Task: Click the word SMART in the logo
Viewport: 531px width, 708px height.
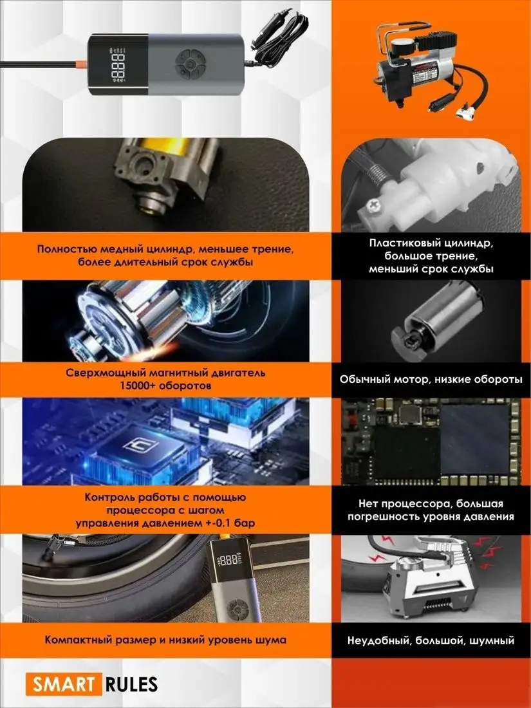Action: pyautogui.click(x=62, y=684)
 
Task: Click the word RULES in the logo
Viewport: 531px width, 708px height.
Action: pyautogui.click(x=132, y=684)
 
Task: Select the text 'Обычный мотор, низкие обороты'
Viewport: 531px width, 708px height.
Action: pyautogui.click(x=431, y=380)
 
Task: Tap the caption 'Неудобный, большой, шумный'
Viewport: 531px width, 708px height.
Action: pyautogui.click(x=431, y=640)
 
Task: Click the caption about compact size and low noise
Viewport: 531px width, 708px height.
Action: pyautogui.click(x=165, y=640)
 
